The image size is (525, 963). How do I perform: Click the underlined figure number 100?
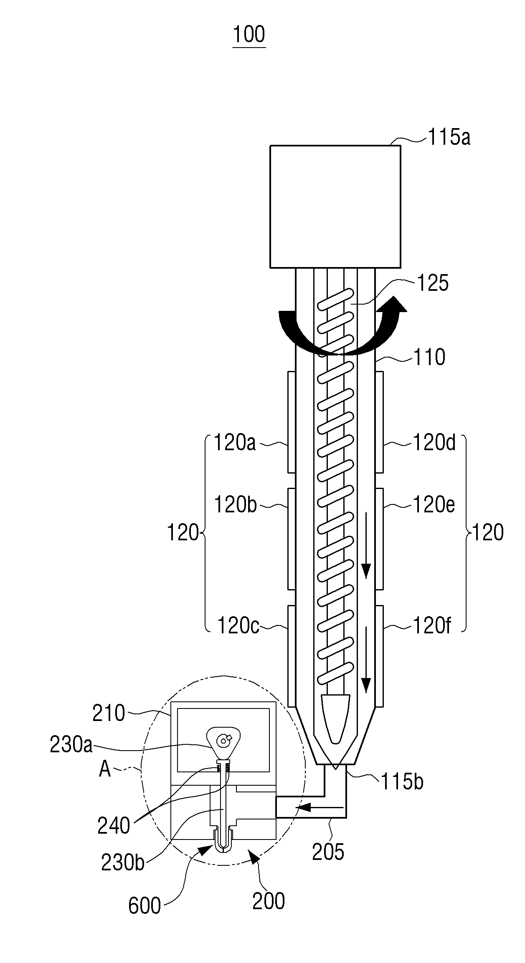click(x=249, y=34)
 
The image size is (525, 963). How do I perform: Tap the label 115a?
click(x=449, y=137)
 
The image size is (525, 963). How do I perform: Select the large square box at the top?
click(x=335, y=206)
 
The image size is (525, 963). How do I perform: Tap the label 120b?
click(x=235, y=505)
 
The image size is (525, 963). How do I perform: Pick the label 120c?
click(x=238, y=626)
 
